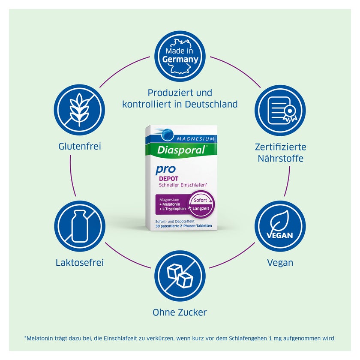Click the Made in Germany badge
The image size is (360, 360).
point(180,56)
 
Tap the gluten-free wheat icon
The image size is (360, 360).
point(79,110)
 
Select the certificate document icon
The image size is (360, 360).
point(280,110)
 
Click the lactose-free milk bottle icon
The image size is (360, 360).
point(80,226)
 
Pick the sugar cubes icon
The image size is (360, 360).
point(180,276)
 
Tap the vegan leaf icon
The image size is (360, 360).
point(280,226)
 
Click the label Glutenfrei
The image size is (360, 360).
point(80,146)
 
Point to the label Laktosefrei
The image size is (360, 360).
point(80,262)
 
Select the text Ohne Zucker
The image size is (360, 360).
point(180,312)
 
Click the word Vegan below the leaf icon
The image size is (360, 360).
point(280,263)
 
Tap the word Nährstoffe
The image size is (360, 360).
point(281,159)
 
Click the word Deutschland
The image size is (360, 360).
point(211,104)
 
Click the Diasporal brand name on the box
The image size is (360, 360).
point(181,150)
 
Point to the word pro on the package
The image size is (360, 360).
point(165,169)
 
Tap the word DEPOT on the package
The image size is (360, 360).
point(169,179)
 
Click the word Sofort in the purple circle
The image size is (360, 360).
point(200,200)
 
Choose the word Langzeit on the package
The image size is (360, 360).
point(201,208)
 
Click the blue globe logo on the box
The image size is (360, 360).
point(167,135)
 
